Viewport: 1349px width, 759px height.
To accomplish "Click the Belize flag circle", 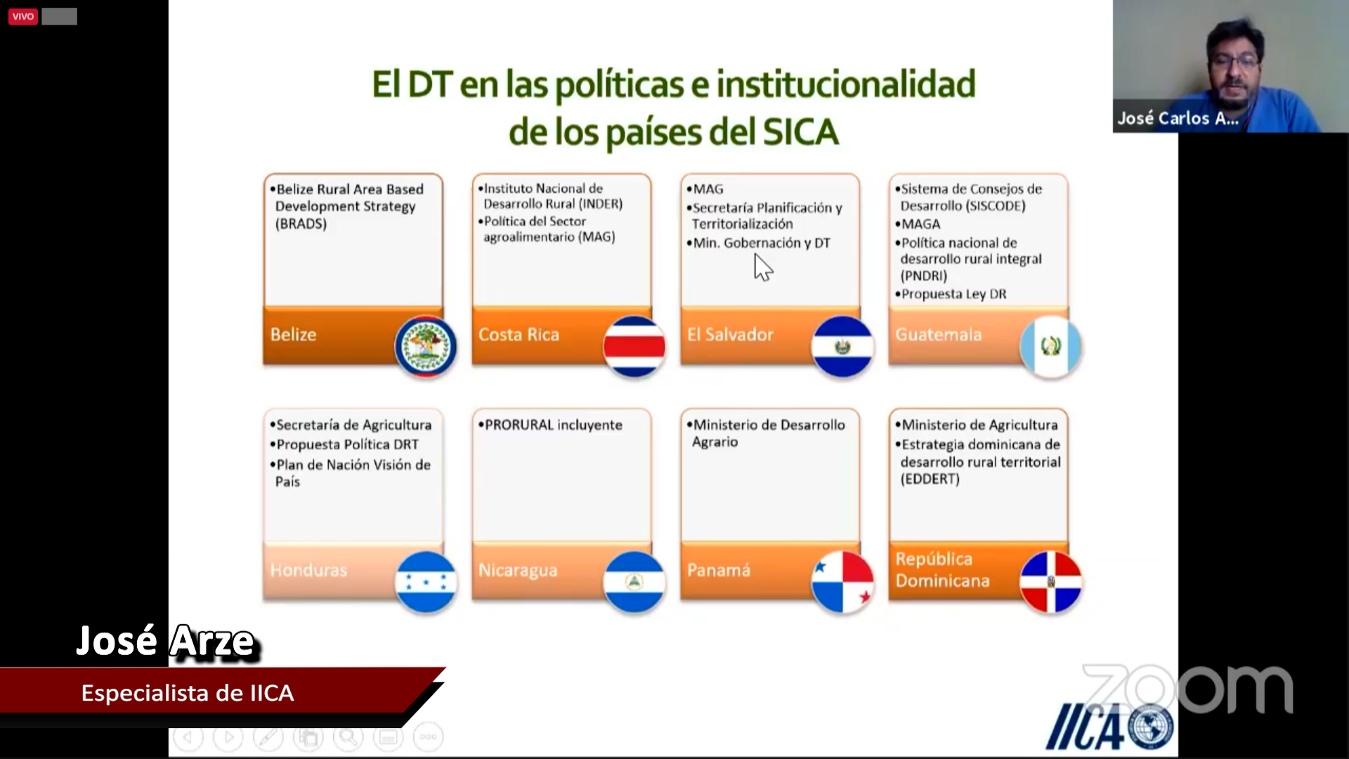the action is pyautogui.click(x=425, y=346).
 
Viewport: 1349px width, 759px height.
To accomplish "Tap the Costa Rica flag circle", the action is pyautogui.click(x=634, y=346).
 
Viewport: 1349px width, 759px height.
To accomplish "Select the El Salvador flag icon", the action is pyautogui.click(x=842, y=346).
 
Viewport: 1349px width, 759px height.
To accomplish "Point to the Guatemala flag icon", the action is pyautogui.click(x=1050, y=346).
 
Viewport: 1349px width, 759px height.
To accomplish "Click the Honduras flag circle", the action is pyautogui.click(x=425, y=582).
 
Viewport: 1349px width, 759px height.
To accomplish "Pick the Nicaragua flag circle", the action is pyautogui.click(x=634, y=582).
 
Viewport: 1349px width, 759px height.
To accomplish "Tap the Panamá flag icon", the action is pyautogui.click(x=842, y=582).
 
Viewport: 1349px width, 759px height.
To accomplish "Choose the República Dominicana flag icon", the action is pyautogui.click(x=1050, y=582).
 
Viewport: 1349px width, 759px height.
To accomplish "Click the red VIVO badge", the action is pyautogui.click(x=23, y=16).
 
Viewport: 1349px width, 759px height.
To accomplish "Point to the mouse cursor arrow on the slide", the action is pyautogui.click(x=762, y=268).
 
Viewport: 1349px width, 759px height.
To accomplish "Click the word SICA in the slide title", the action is pyautogui.click(x=800, y=131).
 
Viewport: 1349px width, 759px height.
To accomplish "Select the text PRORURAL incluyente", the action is pyautogui.click(x=554, y=424).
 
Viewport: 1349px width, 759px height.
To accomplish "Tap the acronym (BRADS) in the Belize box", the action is pyautogui.click(x=301, y=223).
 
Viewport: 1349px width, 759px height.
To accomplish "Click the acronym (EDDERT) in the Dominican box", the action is pyautogui.click(x=930, y=479).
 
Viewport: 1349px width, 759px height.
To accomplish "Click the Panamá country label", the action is pyautogui.click(x=719, y=569).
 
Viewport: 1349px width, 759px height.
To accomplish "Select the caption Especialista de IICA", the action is pyautogui.click(x=188, y=693).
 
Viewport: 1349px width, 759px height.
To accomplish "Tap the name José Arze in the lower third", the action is pyautogui.click(x=167, y=641).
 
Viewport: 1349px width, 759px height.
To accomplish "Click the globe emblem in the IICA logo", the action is pyautogui.click(x=1151, y=727).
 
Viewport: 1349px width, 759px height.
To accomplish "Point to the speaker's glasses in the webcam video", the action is pyautogui.click(x=1234, y=62).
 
